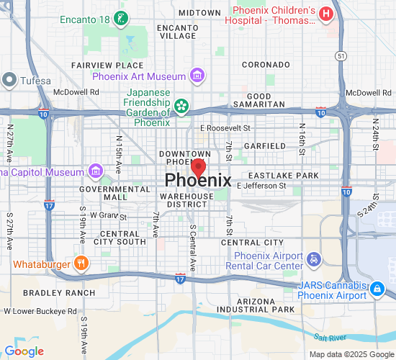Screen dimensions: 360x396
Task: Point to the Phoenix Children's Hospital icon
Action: [x=326, y=13]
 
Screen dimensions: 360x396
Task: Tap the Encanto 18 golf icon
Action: [x=122, y=17]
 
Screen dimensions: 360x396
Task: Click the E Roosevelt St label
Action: [x=225, y=127]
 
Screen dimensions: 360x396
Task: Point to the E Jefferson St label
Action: [x=261, y=186]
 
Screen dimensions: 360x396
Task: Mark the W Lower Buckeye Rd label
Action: [x=40, y=311]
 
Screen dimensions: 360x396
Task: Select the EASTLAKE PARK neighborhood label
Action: [x=283, y=176]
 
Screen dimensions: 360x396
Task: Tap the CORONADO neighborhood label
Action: [x=260, y=65]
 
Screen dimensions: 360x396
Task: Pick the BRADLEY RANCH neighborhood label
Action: [x=59, y=293]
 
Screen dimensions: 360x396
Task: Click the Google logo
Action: [x=24, y=351]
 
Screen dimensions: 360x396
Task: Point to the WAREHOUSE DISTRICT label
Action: [x=186, y=200]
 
